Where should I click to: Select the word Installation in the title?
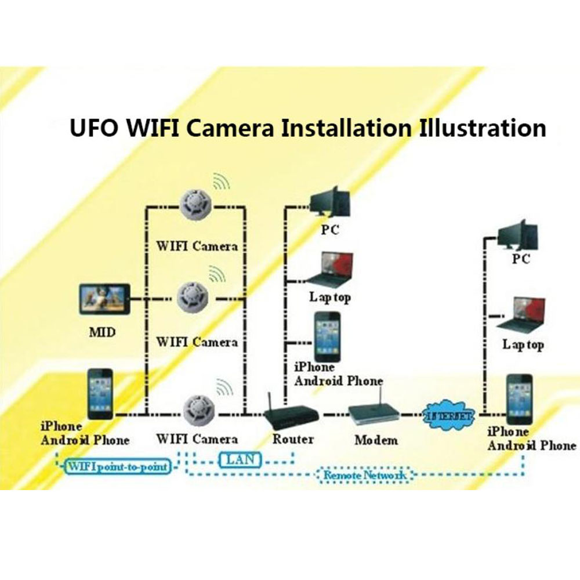click(x=347, y=127)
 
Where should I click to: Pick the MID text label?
click(x=102, y=333)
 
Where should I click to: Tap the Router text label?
click(x=293, y=439)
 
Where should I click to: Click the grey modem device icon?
click(x=374, y=414)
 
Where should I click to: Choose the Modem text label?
click(x=376, y=440)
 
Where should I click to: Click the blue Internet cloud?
click(x=451, y=414)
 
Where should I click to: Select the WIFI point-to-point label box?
click(x=118, y=466)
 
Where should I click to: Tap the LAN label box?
click(x=239, y=461)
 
